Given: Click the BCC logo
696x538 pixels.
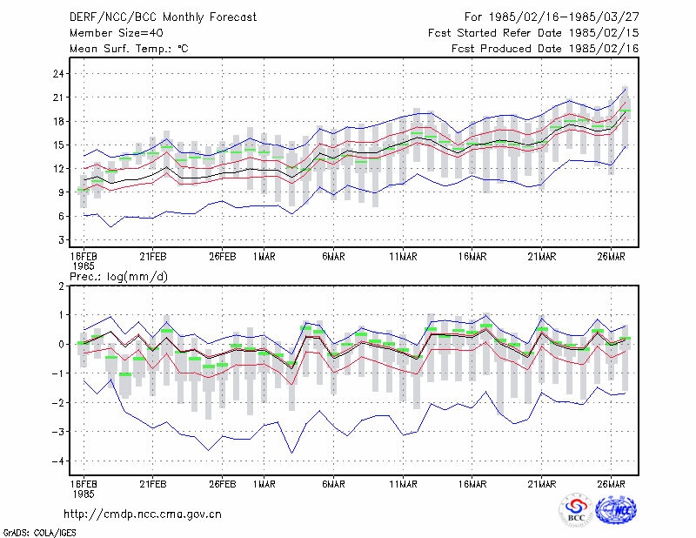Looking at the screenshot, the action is tap(576, 510).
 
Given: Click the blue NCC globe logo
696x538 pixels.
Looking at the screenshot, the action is tap(616, 510).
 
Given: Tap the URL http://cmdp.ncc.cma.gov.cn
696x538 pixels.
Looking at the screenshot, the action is tap(143, 514).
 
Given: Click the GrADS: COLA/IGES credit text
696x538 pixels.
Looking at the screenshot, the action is tap(39, 533).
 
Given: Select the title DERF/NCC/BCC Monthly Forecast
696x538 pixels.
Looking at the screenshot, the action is tap(163, 17).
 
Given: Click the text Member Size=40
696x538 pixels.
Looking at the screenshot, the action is tap(117, 33).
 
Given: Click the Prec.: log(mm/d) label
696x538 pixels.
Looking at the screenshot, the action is tap(118, 277).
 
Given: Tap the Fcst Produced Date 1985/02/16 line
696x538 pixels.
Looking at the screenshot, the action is tap(545, 49).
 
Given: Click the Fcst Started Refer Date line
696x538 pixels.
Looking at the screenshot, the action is tap(533, 33).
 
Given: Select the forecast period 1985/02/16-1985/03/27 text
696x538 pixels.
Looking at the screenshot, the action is tap(564, 17).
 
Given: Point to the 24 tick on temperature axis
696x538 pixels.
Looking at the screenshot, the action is tap(58, 74).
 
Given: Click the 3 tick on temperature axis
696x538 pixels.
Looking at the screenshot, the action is tap(61, 240).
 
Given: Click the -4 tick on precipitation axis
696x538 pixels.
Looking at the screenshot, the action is tap(57, 461).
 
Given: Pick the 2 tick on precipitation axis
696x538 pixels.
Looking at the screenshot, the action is tap(61, 286).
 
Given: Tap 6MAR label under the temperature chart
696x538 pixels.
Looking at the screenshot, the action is tap(333, 257).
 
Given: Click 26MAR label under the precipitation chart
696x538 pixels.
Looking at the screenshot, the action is tap(611, 484).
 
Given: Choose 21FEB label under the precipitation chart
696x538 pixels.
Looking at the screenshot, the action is tap(153, 484).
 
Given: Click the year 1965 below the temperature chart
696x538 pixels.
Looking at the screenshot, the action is tap(84, 266).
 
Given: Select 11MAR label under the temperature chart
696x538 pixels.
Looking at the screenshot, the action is tap(403, 257).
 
